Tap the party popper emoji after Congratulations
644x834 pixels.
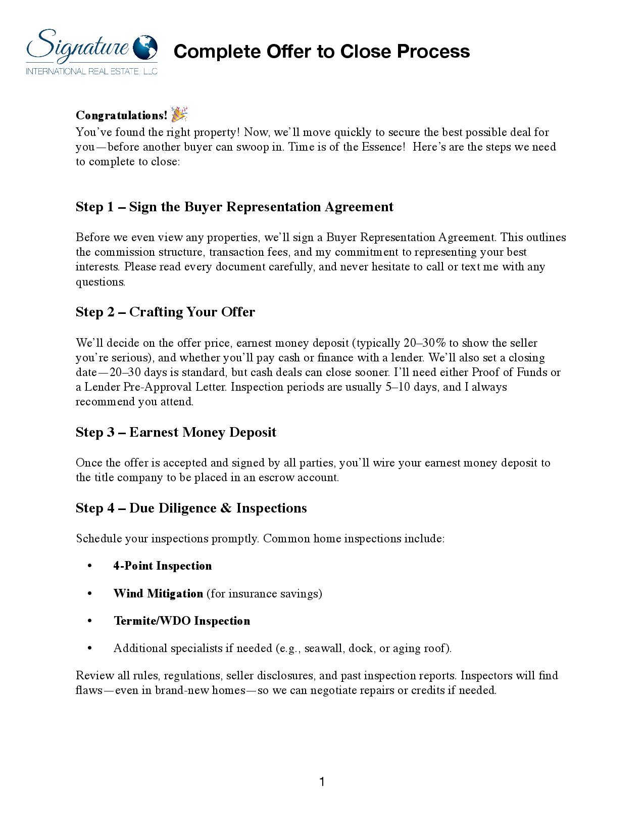(179, 114)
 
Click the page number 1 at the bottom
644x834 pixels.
(322, 782)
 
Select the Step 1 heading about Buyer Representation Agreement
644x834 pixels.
(234, 207)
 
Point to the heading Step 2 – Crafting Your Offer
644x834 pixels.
(165, 312)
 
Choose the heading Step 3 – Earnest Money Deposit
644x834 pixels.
(176, 432)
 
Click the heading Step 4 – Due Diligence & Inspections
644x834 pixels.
(191, 508)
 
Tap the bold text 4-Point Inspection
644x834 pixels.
(162, 566)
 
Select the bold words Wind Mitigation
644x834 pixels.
(158, 593)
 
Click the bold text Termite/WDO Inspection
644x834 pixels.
(181, 621)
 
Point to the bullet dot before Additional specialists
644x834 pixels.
(90, 648)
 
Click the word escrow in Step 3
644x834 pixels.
(276, 478)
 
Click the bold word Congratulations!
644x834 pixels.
(121, 115)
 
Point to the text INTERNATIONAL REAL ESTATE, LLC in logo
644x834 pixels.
(91, 72)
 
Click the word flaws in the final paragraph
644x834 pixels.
(89, 690)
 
